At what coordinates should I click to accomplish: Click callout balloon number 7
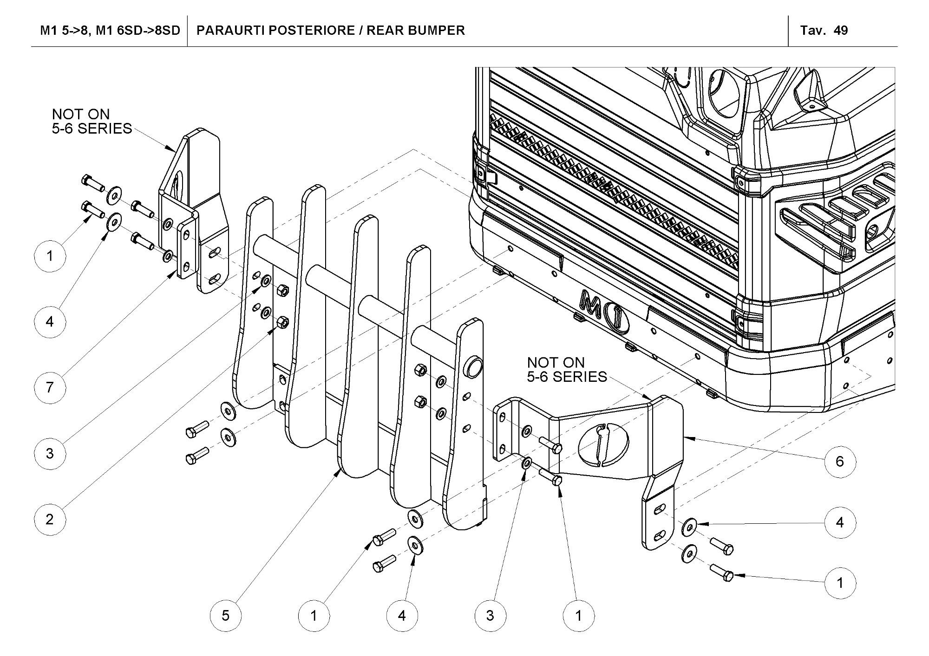(x=50, y=387)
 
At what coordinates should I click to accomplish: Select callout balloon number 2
(x=50, y=519)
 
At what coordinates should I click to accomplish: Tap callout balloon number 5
(x=226, y=616)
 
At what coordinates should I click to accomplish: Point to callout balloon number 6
(x=840, y=461)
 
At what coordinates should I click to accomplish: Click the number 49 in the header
(x=841, y=31)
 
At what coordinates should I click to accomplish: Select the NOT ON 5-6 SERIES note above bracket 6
(x=567, y=369)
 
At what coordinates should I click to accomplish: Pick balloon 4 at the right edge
(x=840, y=522)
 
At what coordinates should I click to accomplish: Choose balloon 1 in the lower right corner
(x=840, y=583)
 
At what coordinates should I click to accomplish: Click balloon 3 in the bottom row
(x=490, y=616)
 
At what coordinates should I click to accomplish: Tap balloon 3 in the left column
(x=50, y=453)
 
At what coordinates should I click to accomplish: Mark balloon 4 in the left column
(x=50, y=321)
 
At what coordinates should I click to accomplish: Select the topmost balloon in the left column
(x=50, y=256)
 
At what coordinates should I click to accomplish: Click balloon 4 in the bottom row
(x=402, y=616)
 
